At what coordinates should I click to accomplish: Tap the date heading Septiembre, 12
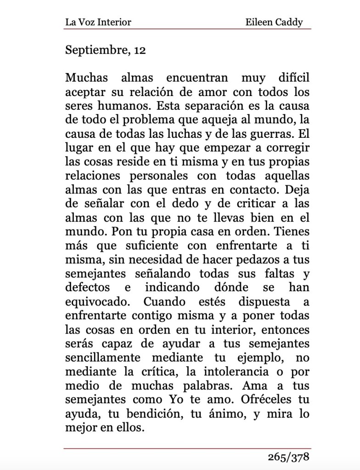(106, 50)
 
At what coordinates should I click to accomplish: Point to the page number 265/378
(289, 457)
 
